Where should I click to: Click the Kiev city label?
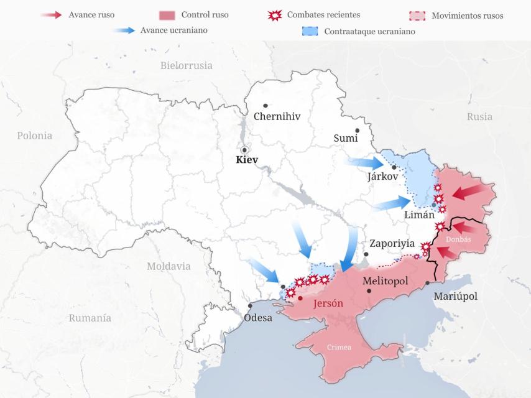click(x=246, y=160)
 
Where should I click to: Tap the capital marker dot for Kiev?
click(x=245, y=150)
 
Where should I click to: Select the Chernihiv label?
click(x=277, y=116)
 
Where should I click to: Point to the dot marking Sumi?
click(x=357, y=131)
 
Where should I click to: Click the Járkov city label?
click(x=382, y=176)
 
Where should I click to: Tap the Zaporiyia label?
click(x=392, y=244)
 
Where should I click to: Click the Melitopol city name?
click(x=385, y=281)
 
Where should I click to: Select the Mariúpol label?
click(x=455, y=296)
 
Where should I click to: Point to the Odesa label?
click(x=258, y=317)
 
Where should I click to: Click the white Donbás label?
click(x=459, y=239)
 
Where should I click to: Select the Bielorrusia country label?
click(x=187, y=65)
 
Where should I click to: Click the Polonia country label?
click(x=35, y=136)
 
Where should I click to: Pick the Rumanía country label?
click(x=90, y=318)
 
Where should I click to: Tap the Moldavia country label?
click(x=169, y=266)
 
